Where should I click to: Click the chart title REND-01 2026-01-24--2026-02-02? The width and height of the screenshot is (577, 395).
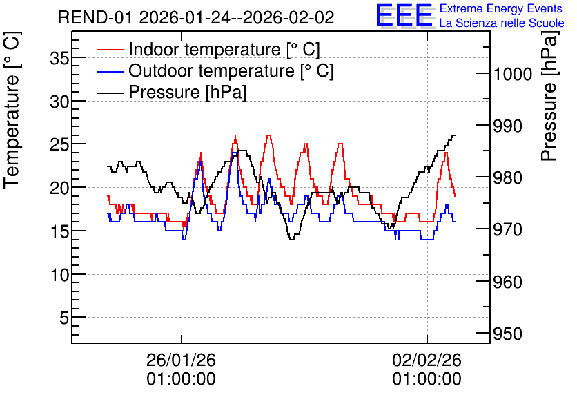click(196, 17)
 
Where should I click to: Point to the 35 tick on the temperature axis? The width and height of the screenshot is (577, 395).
click(59, 58)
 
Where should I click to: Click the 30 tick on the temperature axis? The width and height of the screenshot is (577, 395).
click(59, 102)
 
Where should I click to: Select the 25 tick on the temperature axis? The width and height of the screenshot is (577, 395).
click(59, 144)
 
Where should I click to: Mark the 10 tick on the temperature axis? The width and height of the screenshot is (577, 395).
click(59, 274)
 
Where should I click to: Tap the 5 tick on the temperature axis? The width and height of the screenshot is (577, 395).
click(64, 318)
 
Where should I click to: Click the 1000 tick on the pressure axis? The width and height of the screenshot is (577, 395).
click(513, 74)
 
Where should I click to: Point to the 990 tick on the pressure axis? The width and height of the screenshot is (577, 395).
click(508, 126)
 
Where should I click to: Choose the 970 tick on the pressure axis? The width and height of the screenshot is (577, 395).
click(508, 230)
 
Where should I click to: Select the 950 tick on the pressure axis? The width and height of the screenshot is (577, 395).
click(508, 334)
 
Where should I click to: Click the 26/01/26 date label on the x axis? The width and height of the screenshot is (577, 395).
click(181, 360)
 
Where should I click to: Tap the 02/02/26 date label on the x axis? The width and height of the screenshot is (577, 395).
click(427, 360)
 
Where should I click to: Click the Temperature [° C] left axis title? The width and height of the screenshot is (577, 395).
click(12, 110)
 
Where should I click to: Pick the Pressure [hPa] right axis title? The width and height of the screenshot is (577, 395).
click(549, 96)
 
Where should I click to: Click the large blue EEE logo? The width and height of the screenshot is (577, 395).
click(404, 15)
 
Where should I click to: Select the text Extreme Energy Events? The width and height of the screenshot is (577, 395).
click(501, 8)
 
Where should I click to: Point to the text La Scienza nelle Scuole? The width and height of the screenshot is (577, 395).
click(502, 23)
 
